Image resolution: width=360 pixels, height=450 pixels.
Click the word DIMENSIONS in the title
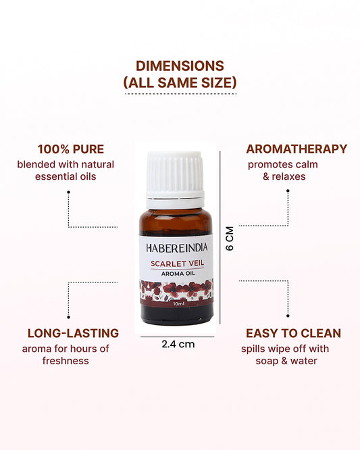pos(180,66)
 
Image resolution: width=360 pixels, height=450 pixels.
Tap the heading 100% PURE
pos(71,149)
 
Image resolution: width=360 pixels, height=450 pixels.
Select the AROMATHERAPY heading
pos(297,149)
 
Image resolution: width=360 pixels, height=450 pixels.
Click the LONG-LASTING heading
pos(73,333)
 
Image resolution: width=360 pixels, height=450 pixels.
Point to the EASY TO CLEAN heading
pos(293,333)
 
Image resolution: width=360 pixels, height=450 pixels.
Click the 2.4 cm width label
pos(178,344)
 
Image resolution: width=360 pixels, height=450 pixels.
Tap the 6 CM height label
pos(230,238)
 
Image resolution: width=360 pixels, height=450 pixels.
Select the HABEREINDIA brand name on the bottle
pos(175,247)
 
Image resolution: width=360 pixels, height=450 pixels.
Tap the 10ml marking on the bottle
pos(176,304)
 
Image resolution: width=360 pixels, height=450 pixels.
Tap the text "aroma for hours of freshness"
pos(65,355)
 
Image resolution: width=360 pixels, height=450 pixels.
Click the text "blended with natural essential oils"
pos(66,170)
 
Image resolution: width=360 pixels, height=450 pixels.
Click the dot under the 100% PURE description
pos(69,191)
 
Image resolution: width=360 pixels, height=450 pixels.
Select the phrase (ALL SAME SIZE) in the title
pos(180,83)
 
